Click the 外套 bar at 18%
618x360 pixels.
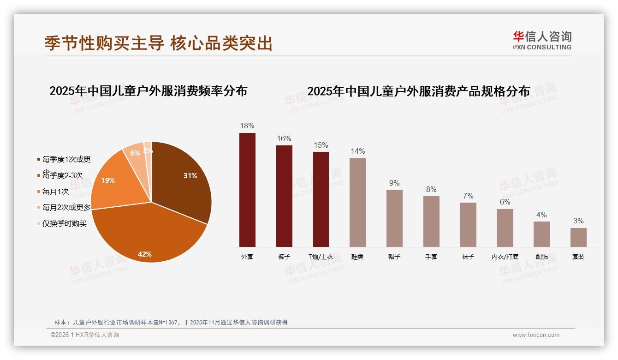(247, 190)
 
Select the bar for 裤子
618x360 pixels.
(284, 196)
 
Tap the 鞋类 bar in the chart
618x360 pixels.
(357, 203)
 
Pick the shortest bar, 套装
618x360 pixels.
(578, 237)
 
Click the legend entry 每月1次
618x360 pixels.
(55, 192)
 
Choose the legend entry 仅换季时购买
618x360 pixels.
(64, 224)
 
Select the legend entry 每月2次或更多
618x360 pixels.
(66, 208)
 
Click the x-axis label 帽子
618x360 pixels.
(394, 257)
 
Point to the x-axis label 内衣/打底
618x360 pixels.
(505, 257)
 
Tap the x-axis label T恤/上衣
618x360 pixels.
(321, 257)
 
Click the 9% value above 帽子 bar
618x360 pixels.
(394, 183)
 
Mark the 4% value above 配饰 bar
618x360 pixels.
(541, 215)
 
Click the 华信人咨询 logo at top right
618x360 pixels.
(542, 40)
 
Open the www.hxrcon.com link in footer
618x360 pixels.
(536, 335)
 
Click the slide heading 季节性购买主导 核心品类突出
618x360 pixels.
(159, 43)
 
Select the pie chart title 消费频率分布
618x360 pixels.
(148, 90)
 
